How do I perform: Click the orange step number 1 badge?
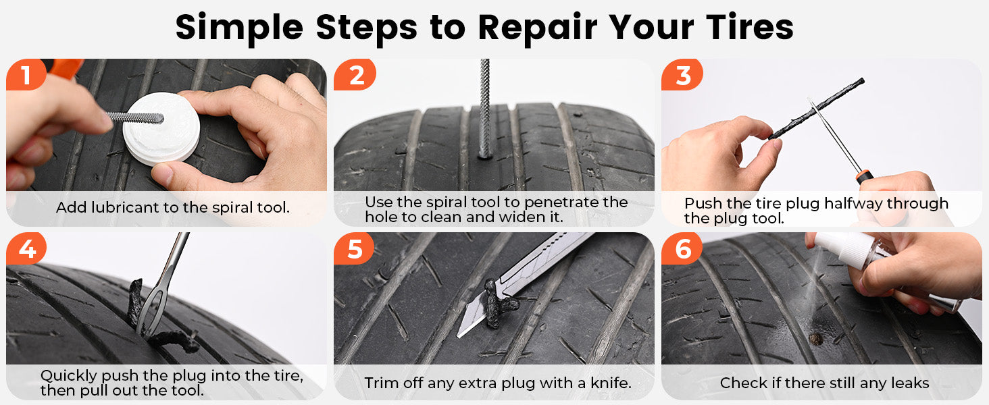click(26, 75)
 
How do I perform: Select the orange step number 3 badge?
click(682, 75)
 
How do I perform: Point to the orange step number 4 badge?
click(26, 249)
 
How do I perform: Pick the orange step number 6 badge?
click(683, 249)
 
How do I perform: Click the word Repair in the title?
click(536, 27)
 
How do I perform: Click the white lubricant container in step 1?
click(161, 128)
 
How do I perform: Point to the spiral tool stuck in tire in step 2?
click(484, 108)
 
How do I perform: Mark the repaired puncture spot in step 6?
click(816, 338)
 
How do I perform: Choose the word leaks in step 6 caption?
click(908, 383)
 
